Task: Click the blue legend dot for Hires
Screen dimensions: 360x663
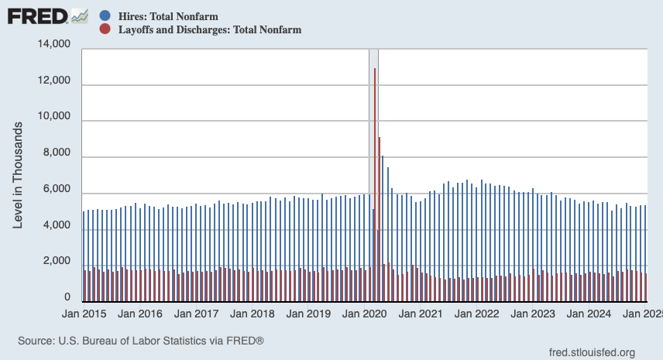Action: tap(105, 15)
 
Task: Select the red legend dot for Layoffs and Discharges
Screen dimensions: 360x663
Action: tap(105, 29)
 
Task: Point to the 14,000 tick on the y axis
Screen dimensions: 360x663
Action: tap(54, 46)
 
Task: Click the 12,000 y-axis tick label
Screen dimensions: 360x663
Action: tap(54, 81)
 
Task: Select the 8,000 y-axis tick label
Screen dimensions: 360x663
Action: tap(57, 155)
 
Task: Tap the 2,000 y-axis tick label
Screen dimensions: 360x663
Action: tap(57, 262)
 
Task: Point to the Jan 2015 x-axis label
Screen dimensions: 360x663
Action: tap(84, 315)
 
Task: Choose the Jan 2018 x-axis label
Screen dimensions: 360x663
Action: tap(252, 315)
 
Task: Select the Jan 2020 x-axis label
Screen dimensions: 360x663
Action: tap(365, 315)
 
